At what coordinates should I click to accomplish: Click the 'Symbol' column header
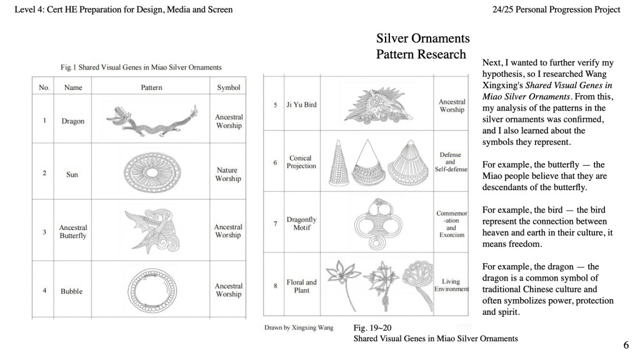229,87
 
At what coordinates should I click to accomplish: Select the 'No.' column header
44,87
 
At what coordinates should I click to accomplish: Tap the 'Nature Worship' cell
228,174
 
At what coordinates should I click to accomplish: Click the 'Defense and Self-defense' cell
451,162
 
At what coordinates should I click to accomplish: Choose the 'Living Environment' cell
451,286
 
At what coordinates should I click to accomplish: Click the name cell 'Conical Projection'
301,162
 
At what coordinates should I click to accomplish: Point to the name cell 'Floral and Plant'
301,286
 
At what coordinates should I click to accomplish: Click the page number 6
626,344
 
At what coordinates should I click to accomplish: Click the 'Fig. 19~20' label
372,327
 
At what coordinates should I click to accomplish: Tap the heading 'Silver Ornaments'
422,39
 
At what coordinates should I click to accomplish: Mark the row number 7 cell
275,223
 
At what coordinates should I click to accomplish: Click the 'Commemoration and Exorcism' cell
451,224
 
